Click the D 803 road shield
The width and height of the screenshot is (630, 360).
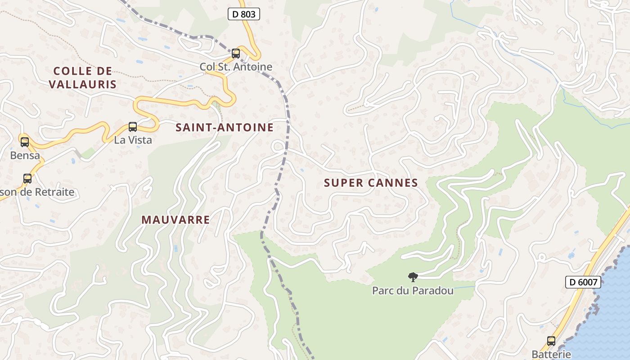pos(244,14)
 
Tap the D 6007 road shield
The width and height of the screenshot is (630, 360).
pos(583,282)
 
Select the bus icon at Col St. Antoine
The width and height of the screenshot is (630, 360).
pos(236,54)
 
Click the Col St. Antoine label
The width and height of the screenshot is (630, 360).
pos(236,67)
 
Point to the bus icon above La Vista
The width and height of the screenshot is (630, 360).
pos(133,127)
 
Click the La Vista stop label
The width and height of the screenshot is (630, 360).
pos(133,140)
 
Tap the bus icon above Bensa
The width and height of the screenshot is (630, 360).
pos(25,142)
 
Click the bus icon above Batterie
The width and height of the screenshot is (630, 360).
pos(551,341)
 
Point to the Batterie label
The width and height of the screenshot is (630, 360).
pos(551,354)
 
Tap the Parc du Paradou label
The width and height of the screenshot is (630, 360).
pos(413,291)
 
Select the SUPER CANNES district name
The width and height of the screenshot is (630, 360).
pos(371,183)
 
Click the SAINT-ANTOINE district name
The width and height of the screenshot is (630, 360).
pos(225,128)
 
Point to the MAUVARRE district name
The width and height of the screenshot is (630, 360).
pos(175,220)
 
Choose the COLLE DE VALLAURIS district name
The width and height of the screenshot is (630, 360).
pos(82,77)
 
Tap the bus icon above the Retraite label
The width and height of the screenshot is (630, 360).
pos(27,179)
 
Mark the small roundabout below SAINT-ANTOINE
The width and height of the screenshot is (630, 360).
pos(279,146)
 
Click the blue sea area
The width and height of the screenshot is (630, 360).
pos(612,315)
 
